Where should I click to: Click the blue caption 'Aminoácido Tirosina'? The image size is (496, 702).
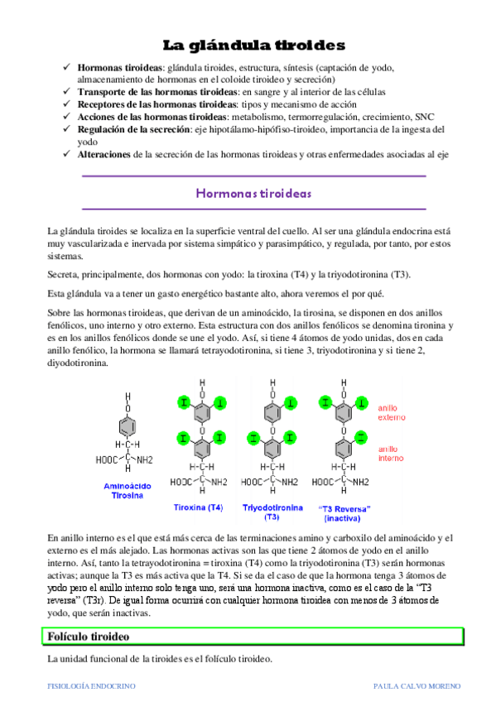127,490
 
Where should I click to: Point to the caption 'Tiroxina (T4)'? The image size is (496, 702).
198,506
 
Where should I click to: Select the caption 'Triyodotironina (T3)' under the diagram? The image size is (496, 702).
272,511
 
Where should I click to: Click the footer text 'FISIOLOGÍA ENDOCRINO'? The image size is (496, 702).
90,687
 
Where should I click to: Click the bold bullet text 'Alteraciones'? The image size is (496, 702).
104,154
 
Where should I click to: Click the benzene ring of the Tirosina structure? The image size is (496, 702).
126,428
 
